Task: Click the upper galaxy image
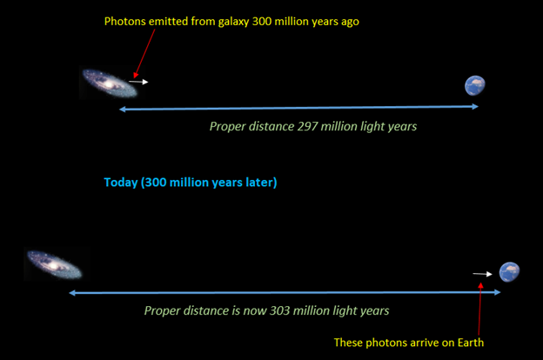[110, 83]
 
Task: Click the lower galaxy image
[55, 265]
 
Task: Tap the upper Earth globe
[475, 85]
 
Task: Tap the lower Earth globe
[509, 272]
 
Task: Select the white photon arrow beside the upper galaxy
[138, 82]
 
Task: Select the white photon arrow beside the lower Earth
[482, 274]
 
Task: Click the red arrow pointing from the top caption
[144, 53]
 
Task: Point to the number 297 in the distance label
[307, 126]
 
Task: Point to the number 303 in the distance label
[280, 310]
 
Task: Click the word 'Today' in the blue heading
[121, 183]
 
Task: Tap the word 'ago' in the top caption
[350, 23]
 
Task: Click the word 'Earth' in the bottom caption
[471, 343]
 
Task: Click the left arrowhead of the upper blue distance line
[122, 110]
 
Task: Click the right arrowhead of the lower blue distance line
[497, 292]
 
